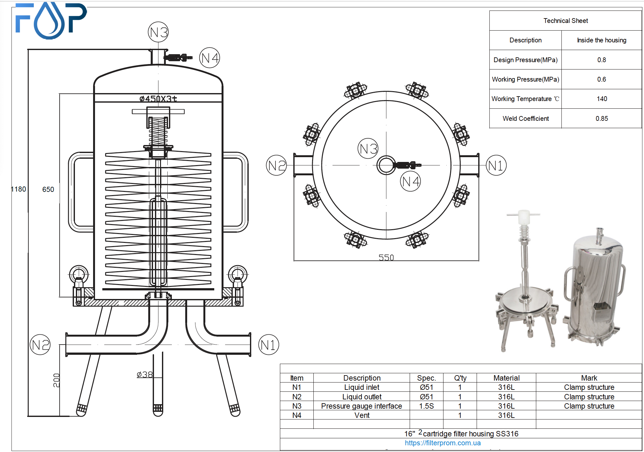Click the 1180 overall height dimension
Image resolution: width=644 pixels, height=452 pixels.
pos(18,189)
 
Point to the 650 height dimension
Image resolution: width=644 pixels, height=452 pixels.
pos(48,189)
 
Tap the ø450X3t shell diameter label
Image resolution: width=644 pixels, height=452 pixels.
pos(158,99)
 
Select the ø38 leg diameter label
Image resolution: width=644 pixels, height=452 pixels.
pos(145,375)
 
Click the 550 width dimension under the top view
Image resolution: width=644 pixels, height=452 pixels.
pos(386,258)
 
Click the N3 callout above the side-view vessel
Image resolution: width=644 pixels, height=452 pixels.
pos(158,32)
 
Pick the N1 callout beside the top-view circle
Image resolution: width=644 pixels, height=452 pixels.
pos(496,165)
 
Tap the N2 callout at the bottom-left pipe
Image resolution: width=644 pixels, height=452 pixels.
pos(40,345)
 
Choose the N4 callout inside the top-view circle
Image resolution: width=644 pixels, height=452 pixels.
pos(410,181)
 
